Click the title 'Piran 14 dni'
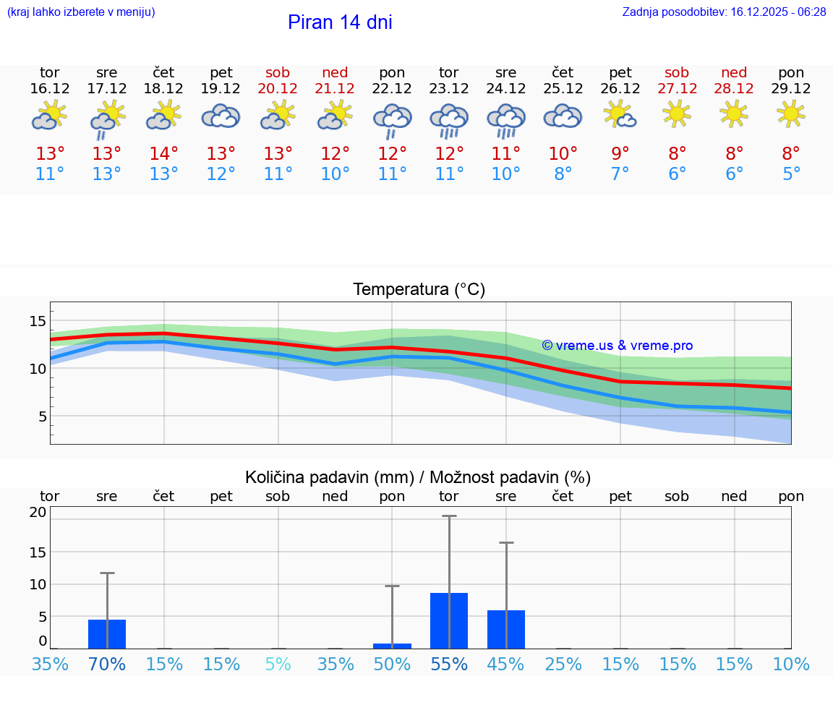tap(340, 22)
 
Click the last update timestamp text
tap(724, 12)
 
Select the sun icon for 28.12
tap(734, 113)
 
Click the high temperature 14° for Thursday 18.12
tap(163, 154)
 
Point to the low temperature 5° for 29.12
tap(791, 174)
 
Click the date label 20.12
tap(278, 89)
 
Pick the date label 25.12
tap(563, 89)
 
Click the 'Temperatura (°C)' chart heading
tap(419, 290)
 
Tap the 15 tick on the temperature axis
tap(38, 321)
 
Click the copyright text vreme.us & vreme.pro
tap(618, 346)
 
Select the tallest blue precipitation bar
tap(449, 620)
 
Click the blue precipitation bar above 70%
tap(107, 633)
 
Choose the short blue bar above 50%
tap(392, 646)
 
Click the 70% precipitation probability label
tap(107, 664)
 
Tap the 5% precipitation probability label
tap(278, 664)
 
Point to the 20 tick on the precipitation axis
tap(38, 512)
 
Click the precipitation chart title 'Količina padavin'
tap(329, 477)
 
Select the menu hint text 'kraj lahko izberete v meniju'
tap(81, 12)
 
